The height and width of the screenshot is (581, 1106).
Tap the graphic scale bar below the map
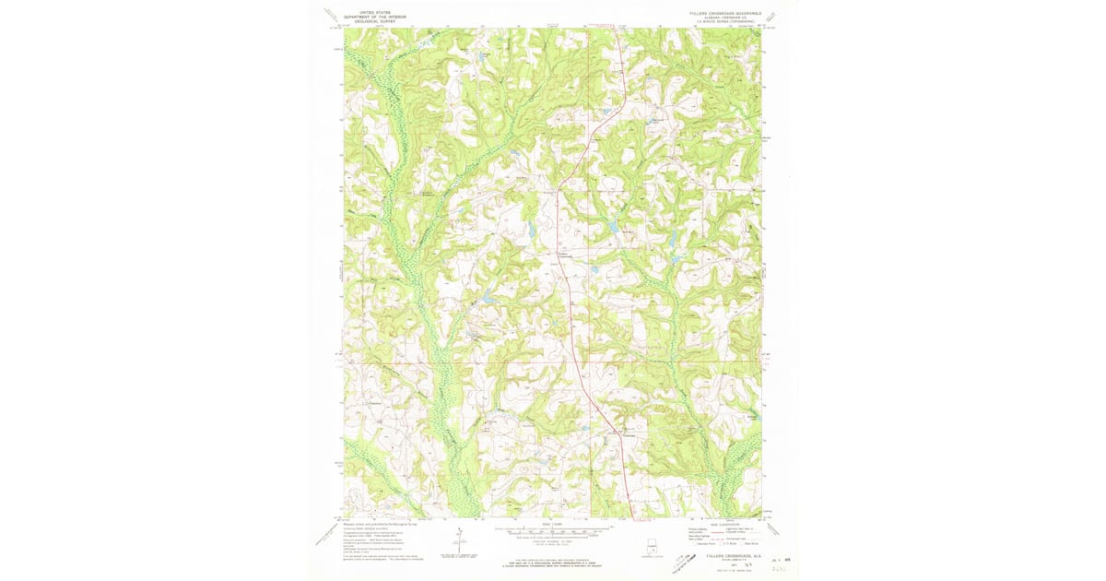pos(553,532)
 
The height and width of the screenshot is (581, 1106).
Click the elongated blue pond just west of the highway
pos(532,228)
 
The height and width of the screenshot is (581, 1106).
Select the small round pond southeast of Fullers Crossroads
pos(596,269)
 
